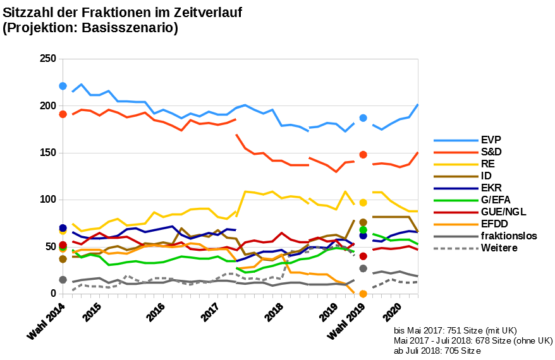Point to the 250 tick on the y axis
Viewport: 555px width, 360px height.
pyautogui.click(x=48, y=59)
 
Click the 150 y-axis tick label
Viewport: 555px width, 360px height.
pyautogui.click(x=48, y=153)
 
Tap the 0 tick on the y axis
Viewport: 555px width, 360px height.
pyautogui.click(x=53, y=294)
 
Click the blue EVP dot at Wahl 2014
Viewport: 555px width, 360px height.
pyautogui.click(x=63, y=86)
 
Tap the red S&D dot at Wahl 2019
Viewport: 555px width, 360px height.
pyautogui.click(x=363, y=154)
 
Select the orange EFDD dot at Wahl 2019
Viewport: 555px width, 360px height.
pyautogui.click(x=363, y=294)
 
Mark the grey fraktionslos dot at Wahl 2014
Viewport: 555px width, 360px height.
pyautogui.click(x=63, y=280)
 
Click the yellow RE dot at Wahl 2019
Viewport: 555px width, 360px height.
pyautogui.click(x=363, y=203)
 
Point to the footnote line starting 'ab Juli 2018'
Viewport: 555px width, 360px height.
pyautogui.click(x=437, y=351)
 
